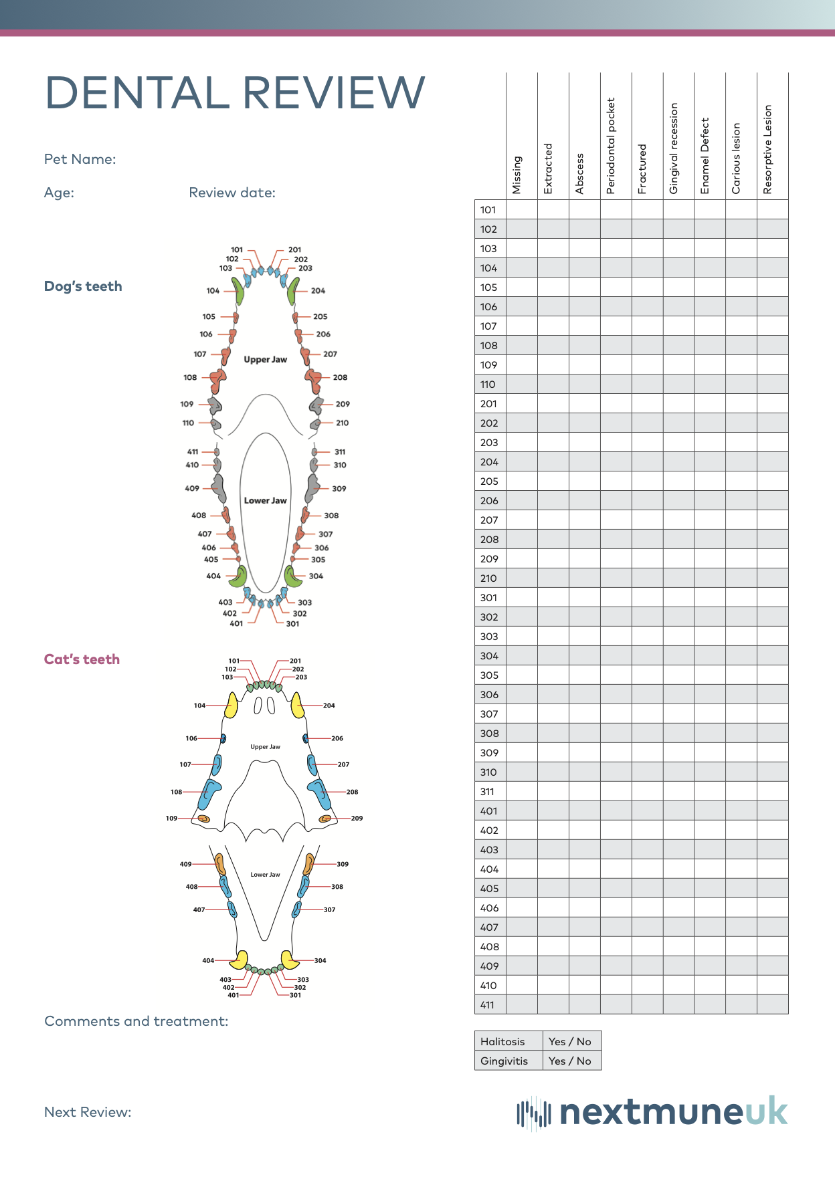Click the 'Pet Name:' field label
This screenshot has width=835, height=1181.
(80, 159)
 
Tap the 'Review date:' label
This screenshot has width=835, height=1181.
(232, 193)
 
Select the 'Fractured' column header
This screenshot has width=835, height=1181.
(642, 169)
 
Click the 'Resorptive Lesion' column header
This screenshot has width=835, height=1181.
(767, 149)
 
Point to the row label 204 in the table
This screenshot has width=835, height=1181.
(489, 462)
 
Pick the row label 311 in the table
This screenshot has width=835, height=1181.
(487, 792)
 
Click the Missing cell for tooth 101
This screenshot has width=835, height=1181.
(522, 210)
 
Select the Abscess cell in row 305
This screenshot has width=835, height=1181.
(584, 675)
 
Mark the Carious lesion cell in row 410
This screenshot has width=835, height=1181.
(741, 986)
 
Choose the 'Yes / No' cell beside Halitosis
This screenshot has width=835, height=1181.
(570, 1041)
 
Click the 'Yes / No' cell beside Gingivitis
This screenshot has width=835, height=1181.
(570, 1061)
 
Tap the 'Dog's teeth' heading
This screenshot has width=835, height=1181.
(83, 286)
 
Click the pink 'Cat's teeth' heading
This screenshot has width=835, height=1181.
(82, 659)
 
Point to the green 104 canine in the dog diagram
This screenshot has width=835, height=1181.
(238, 291)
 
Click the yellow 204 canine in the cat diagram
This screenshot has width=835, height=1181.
(297, 705)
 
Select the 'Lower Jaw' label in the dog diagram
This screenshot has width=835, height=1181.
(265, 500)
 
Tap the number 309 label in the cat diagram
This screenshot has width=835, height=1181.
(343, 864)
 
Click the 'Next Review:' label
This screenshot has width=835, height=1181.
(88, 1112)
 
